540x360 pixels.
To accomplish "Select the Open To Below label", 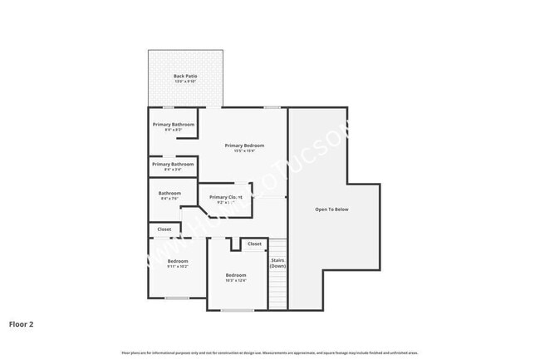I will point(331,209).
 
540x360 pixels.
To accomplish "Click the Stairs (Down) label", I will point(277,263).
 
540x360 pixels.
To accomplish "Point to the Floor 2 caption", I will point(22,323).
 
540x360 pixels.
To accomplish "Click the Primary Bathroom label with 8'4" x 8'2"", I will point(173,125).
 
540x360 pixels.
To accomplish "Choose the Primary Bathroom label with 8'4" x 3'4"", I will point(173,164).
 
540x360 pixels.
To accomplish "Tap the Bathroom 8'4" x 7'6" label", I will point(169,194).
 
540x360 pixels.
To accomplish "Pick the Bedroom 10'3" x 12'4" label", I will point(236,275).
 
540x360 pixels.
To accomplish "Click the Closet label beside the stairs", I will point(254,244).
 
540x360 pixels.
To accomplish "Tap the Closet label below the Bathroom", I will point(164,229).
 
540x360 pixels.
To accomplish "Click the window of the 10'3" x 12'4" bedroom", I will point(238,310).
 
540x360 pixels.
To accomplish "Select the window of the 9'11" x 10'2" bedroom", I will point(177,298).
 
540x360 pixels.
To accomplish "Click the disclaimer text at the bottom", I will point(270,353).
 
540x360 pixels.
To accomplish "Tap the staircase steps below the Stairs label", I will point(277,287).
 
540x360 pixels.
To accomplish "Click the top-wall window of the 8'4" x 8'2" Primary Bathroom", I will point(168,107).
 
